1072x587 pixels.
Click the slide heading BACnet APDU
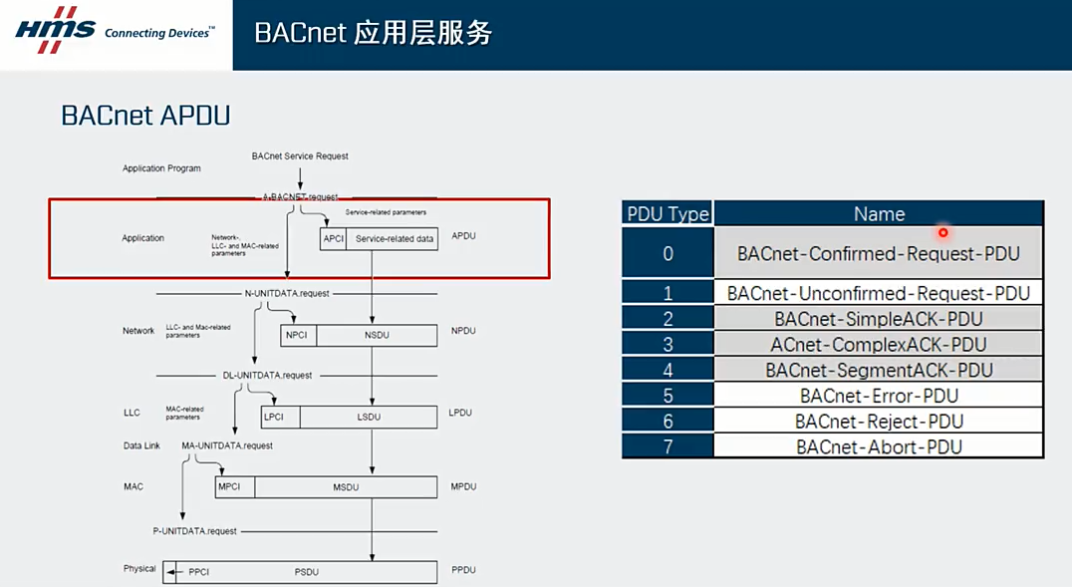(145, 116)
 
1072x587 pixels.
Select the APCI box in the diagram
(334, 238)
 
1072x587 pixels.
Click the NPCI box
(297, 335)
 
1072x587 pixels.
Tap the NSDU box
(377, 335)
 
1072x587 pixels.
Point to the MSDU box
(345, 487)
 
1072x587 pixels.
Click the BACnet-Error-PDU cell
(879, 396)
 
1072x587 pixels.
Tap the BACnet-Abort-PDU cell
(879, 446)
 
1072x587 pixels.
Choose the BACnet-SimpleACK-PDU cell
(879, 319)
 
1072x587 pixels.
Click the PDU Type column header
(668, 213)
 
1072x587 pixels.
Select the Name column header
(879, 213)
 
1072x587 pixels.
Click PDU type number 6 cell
(668, 422)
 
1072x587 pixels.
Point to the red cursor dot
(942, 233)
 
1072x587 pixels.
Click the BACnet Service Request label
(300, 156)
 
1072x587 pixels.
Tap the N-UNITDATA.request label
(287, 294)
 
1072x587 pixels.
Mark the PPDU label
(463, 570)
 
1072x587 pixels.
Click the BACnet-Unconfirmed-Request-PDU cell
(879, 293)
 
